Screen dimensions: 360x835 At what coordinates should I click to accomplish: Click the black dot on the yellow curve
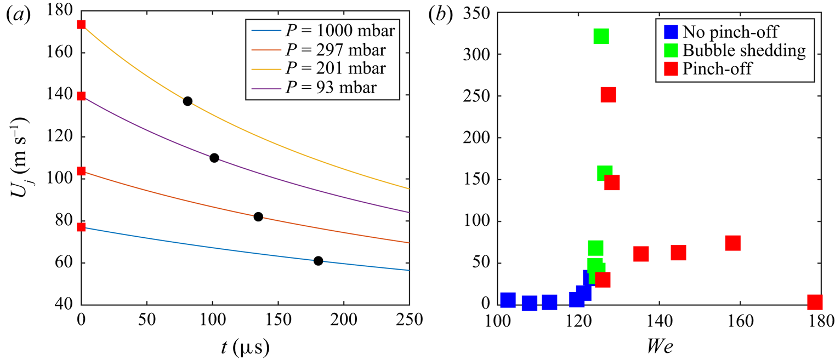click(188, 101)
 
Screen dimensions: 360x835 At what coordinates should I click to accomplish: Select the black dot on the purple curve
click(214, 158)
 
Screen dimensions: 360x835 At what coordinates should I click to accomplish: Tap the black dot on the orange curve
click(258, 216)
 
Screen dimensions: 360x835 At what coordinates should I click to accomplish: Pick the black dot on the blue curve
click(318, 261)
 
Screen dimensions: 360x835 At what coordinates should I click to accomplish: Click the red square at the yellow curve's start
click(81, 24)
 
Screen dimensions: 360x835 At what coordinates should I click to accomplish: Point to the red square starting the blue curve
click(81, 227)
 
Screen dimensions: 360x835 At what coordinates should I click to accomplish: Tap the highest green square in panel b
click(601, 36)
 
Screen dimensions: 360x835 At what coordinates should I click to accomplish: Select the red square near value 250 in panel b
click(608, 95)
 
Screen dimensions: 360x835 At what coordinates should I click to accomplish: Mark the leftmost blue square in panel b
click(508, 300)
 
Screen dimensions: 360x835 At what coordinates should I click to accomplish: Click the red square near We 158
click(733, 243)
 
